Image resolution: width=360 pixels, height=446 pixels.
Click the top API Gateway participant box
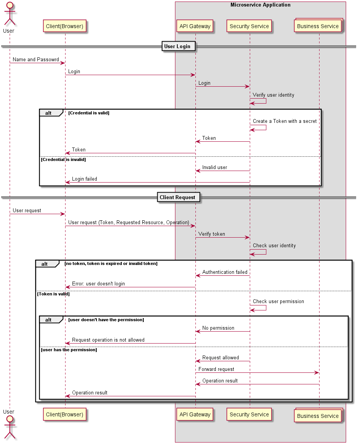195,26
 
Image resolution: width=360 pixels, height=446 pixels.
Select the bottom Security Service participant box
249,414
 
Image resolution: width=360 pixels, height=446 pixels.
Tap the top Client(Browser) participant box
64,26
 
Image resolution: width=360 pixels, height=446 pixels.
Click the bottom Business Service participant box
318,416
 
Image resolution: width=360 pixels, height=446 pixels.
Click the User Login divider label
177,47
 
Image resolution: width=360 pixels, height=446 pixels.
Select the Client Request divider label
178,197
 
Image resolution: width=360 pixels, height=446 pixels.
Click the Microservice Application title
261,5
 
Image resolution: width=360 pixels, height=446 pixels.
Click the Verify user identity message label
273,95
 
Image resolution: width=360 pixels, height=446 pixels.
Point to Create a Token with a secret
284,121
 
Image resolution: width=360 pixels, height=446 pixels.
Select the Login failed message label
84,179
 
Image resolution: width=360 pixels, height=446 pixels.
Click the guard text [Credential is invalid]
63,159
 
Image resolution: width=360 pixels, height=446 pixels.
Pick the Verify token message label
212,234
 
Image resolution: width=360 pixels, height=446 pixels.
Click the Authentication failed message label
225,272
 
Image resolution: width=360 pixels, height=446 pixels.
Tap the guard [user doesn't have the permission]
106,320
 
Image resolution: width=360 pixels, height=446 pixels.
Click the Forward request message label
216,369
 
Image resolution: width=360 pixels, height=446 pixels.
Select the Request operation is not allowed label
108,340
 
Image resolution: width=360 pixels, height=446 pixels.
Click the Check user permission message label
278,301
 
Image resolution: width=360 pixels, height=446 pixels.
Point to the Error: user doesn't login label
98,283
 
